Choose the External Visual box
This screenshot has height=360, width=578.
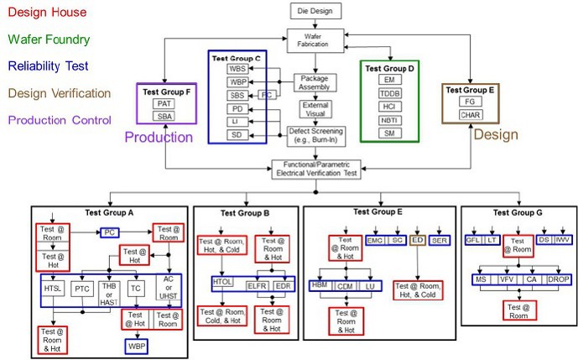[315, 110]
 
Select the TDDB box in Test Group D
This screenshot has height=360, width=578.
[389, 93]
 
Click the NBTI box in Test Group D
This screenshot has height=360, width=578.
[389, 121]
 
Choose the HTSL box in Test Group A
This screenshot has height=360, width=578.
[54, 289]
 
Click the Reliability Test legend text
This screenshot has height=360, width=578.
[44, 66]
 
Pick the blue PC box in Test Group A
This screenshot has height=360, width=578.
[109, 232]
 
